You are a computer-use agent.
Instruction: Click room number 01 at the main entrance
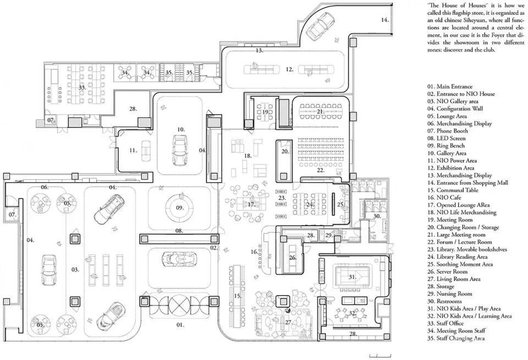[179, 325]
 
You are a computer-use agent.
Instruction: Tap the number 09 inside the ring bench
[179, 208]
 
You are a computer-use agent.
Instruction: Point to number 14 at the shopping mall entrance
[384, 20]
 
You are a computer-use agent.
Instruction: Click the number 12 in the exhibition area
[289, 69]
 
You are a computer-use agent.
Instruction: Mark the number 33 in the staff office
[81, 87]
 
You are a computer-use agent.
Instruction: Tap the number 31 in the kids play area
[352, 276]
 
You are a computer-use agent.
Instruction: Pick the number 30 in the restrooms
[376, 216]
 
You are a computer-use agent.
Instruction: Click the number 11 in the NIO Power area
[133, 150]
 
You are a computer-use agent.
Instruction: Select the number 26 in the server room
[292, 257]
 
